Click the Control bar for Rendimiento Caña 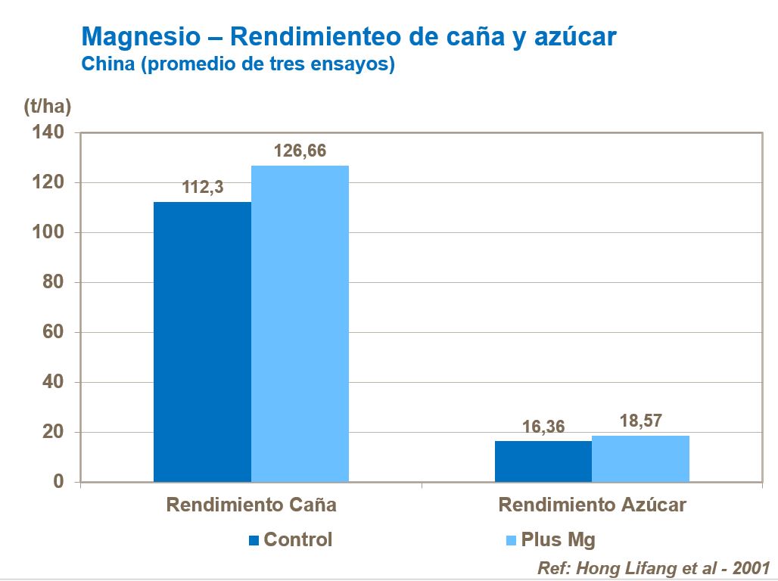202,342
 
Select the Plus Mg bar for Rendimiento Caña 300,324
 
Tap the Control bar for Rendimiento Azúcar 543,461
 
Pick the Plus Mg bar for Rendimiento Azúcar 640,458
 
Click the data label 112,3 203,188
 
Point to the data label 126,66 300,151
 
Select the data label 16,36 543,427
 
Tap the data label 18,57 640,421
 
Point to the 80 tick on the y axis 53,283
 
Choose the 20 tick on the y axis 53,433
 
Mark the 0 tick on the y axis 58,483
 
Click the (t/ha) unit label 47,107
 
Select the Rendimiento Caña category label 251,505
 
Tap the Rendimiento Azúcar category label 592,505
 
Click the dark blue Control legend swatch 254,540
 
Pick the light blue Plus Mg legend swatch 510,540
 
